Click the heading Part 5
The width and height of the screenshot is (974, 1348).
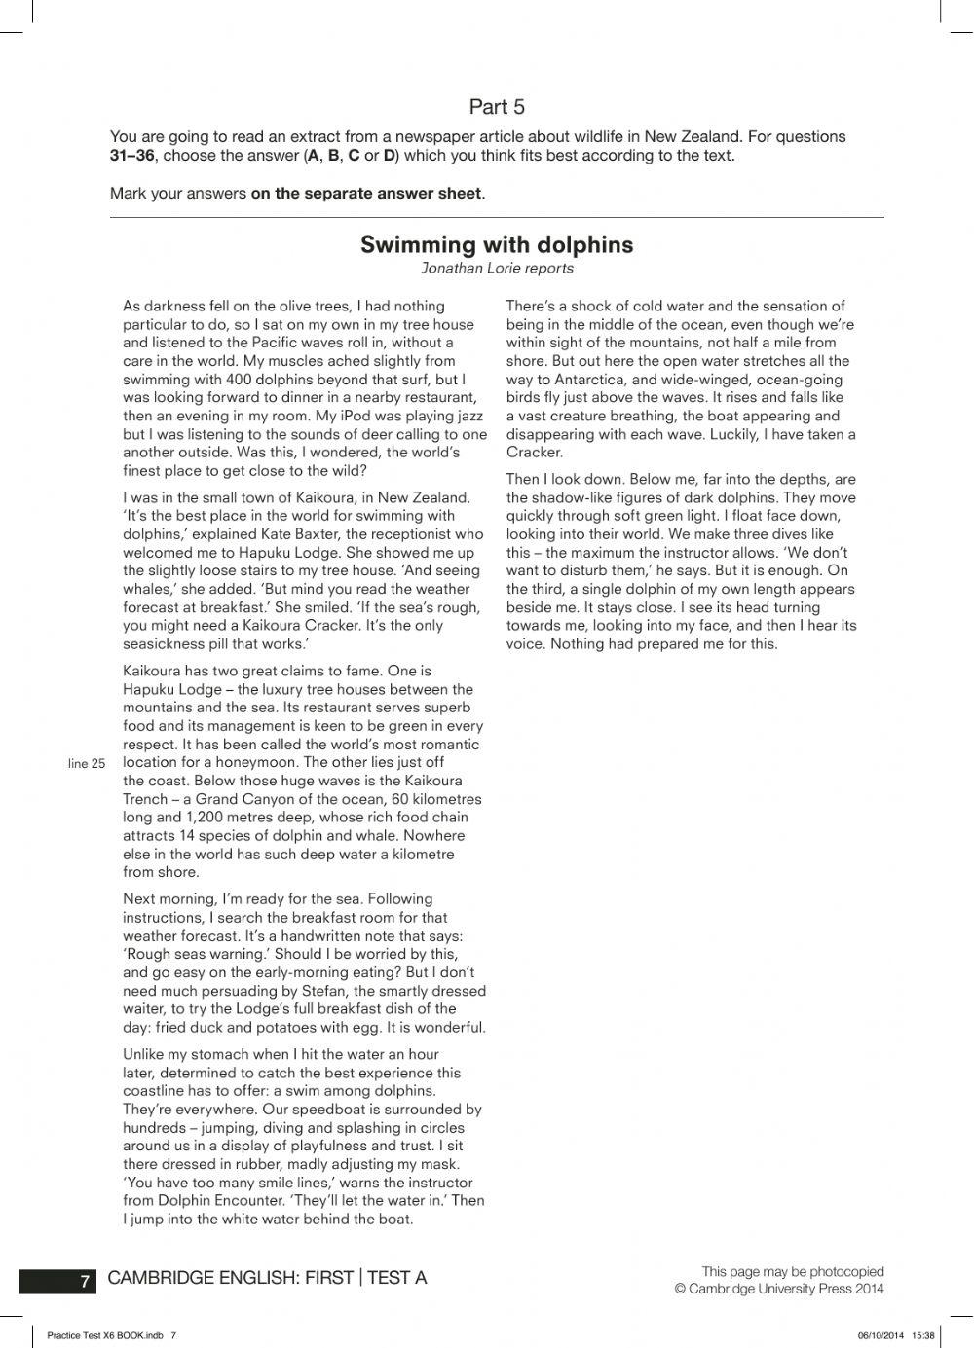click(x=497, y=107)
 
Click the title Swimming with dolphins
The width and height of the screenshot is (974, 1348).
click(x=497, y=245)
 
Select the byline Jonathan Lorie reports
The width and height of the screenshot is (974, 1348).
click(x=497, y=269)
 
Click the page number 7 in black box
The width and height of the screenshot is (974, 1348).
click(x=85, y=1282)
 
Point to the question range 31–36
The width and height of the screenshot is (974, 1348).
click(x=131, y=156)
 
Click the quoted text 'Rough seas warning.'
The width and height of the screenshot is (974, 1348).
click(x=194, y=955)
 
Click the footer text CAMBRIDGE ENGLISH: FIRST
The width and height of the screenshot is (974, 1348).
click(x=230, y=1278)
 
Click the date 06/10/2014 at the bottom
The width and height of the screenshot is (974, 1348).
click(x=881, y=1335)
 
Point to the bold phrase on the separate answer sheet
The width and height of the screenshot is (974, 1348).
click(x=366, y=193)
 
